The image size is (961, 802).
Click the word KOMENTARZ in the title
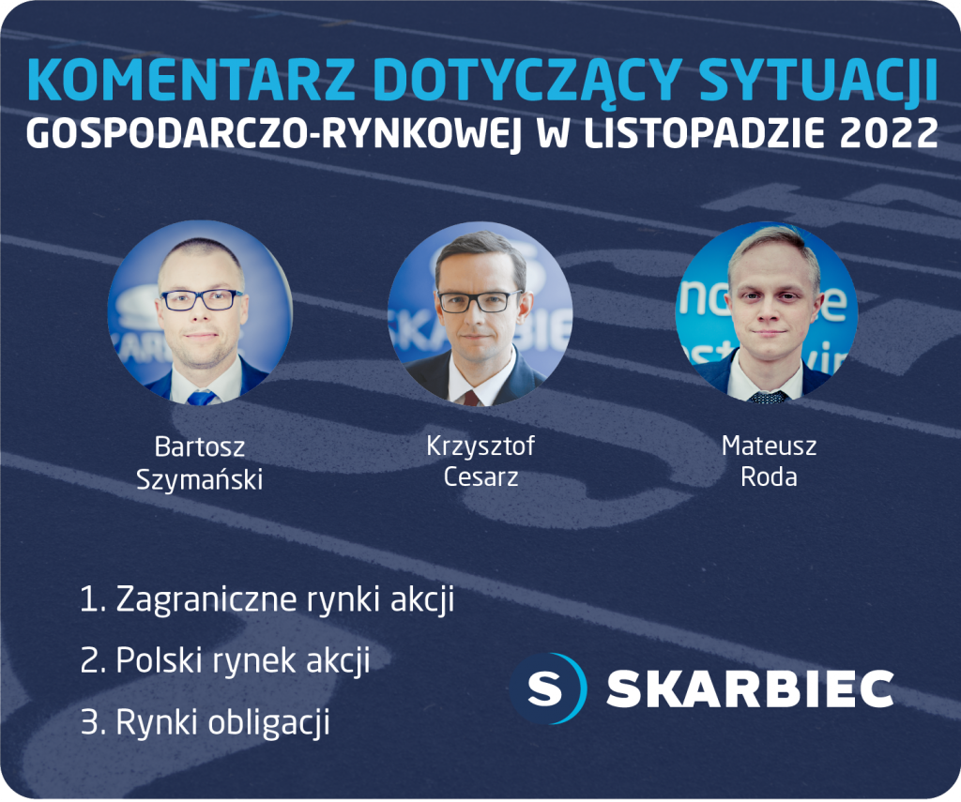(191, 80)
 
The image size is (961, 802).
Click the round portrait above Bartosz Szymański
(200, 312)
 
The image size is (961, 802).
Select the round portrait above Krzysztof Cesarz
(480, 313)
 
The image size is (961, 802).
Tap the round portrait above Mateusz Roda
(767, 312)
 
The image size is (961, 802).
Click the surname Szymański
(200, 479)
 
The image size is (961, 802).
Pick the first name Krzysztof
(480, 446)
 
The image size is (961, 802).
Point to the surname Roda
(770, 477)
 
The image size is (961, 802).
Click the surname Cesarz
(481, 477)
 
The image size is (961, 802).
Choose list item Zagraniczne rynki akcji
(267, 599)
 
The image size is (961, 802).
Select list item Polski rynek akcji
(225, 660)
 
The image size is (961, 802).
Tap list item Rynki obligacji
(206, 722)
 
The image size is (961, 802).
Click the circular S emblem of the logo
(547, 689)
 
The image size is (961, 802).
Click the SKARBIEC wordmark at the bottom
(750, 689)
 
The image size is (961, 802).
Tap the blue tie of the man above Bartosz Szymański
(201, 398)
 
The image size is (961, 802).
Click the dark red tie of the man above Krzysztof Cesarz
(471, 398)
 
